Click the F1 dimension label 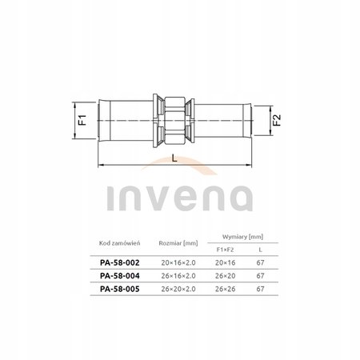(x=83, y=120)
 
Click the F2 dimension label (x=277, y=120)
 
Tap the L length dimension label (x=174, y=158)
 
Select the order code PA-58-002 (x=120, y=262)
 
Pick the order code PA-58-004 (x=120, y=276)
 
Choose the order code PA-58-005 (x=120, y=289)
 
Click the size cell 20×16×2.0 (x=178, y=262)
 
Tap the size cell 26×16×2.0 (x=178, y=276)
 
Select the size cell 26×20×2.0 (x=178, y=289)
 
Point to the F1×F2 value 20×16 (x=225, y=262)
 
